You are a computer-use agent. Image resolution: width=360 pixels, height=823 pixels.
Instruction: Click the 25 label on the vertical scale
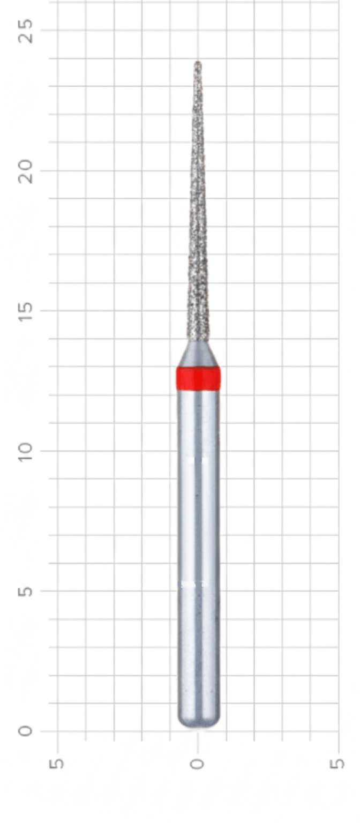25,31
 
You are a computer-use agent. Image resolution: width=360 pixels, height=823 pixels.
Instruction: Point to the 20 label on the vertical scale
25,171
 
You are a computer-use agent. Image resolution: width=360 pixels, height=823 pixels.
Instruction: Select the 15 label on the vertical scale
25,311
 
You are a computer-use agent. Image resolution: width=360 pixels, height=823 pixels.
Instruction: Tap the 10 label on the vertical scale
25,451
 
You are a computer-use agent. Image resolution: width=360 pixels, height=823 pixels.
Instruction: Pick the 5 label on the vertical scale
25,590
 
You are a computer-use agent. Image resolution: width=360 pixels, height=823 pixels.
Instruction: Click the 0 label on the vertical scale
25,731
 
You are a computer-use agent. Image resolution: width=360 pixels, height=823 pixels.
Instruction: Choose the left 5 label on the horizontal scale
57,763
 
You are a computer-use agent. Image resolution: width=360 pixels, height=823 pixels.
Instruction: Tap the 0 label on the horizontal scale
198,763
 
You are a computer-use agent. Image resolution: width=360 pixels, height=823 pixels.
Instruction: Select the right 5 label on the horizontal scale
338,763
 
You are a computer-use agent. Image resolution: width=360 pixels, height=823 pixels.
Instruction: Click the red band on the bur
198,378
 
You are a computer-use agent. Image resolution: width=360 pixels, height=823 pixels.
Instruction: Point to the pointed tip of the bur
198,63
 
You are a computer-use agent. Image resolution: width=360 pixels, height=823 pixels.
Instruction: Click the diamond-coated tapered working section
198,241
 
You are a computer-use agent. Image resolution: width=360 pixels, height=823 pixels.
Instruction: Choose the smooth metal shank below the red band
198,536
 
